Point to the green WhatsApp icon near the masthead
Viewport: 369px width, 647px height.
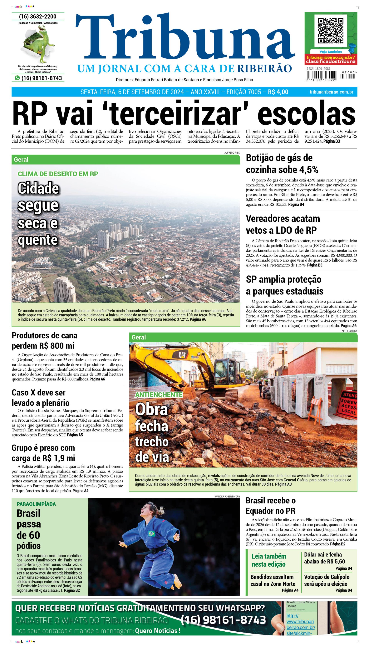tap(17, 78)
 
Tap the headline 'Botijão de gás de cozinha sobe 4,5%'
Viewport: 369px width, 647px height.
tap(282, 164)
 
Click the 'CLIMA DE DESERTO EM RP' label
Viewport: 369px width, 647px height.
tap(58, 174)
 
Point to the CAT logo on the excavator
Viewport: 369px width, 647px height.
tap(182, 354)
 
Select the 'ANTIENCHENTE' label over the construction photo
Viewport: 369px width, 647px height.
tap(159, 395)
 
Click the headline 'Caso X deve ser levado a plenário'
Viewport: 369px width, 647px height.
tap(40, 398)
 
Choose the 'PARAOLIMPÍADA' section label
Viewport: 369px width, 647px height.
tap(36, 504)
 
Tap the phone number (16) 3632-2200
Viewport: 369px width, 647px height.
tap(38, 17)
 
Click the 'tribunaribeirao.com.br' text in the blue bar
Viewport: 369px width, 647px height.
tap(331, 92)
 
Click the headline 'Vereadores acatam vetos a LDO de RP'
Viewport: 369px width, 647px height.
tap(283, 224)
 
